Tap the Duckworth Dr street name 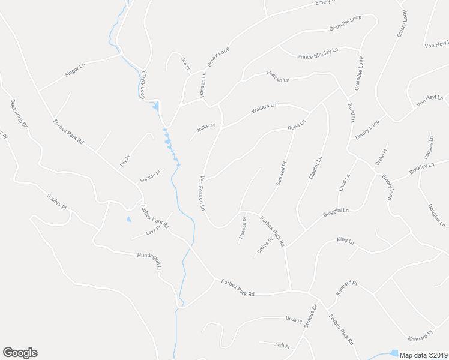click(x=18, y=114)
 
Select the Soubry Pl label click(x=56, y=203)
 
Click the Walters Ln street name click(x=264, y=109)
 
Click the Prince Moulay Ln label click(x=318, y=53)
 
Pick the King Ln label click(x=345, y=241)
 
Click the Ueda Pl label click(x=293, y=321)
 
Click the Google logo click(x=20, y=353)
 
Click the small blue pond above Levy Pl click(x=128, y=219)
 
